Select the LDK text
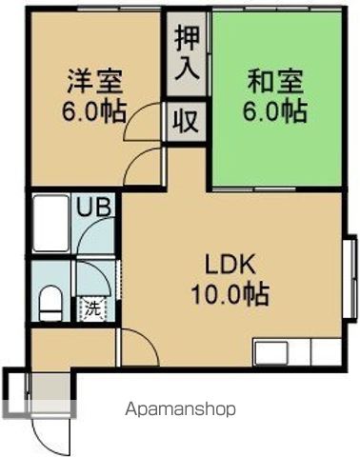coord(230,264)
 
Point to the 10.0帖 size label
coord(230,293)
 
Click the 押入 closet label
coord(186,53)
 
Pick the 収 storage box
coord(186,121)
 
